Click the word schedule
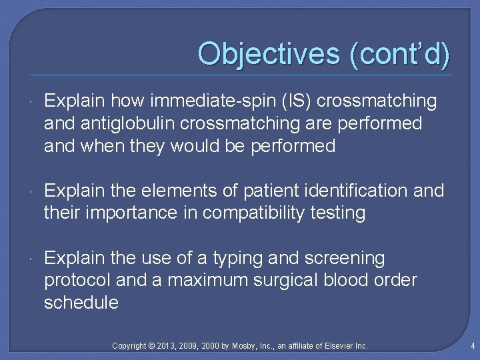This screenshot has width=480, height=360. coord(81,303)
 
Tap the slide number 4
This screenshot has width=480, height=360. coord(471,346)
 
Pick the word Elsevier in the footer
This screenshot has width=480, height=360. coord(341,346)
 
